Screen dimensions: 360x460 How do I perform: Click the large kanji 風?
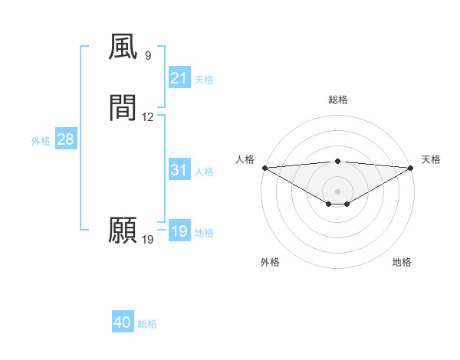click(123, 48)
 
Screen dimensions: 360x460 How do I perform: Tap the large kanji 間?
click(123, 108)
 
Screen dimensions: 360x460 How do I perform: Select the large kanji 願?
click(123, 231)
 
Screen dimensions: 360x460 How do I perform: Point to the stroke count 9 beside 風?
click(148, 56)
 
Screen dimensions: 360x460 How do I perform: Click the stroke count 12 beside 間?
click(148, 117)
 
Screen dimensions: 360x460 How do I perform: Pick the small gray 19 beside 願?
click(148, 240)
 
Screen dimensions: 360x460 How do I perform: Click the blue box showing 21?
click(179, 78)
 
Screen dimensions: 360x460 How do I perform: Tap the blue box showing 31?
click(179, 170)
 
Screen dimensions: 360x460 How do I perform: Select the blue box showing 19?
click(179, 231)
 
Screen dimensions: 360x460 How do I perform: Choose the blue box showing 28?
click(65, 139)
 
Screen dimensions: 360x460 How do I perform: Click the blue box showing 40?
click(123, 322)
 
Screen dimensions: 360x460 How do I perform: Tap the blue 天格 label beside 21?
click(204, 80)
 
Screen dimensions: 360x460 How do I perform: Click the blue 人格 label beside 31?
click(204, 172)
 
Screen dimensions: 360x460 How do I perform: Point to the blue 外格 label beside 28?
click(41, 141)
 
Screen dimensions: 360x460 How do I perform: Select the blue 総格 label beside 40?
click(147, 324)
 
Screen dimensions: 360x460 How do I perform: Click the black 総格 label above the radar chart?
click(337, 100)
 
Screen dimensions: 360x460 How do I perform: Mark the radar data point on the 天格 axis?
click(411, 168)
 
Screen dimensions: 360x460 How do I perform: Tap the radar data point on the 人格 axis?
click(264, 168)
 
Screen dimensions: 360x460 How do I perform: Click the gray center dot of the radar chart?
click(337, 191)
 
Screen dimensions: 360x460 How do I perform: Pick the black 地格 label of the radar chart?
click(402, 262)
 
